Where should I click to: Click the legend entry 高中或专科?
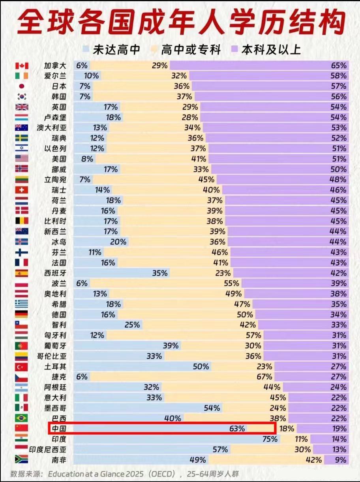point(191,49)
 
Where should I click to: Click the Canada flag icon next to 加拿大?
point(22,66)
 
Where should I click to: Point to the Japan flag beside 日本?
point(22,86)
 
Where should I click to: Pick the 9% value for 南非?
point(340,459)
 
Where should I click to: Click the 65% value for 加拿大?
point(339,66)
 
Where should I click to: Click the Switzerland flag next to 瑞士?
point(22,190)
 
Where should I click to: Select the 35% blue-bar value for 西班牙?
point(160,273)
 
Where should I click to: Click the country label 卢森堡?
point(55,117)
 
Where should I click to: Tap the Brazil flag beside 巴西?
point(22,418)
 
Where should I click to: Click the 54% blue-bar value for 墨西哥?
point(212,408)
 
